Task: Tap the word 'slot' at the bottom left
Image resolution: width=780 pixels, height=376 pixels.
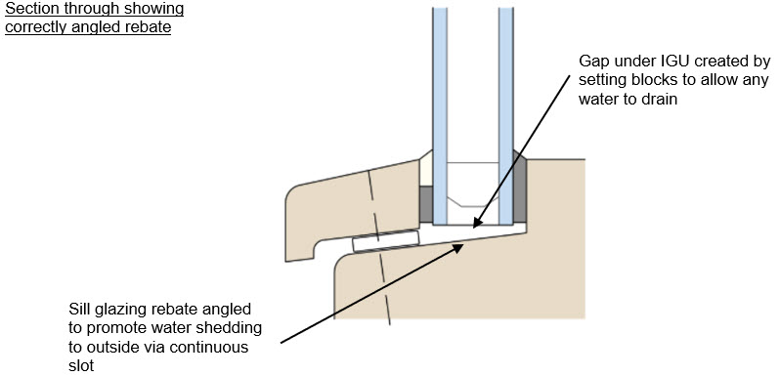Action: [x=82, y=366]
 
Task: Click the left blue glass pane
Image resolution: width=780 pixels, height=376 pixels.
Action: [x=438, y=107]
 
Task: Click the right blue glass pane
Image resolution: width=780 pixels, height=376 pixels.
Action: [x=505, y=107]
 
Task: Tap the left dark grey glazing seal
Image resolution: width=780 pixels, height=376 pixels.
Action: [x=425, y=203]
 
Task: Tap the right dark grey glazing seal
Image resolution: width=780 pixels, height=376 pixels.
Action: [x=520, y=203]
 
